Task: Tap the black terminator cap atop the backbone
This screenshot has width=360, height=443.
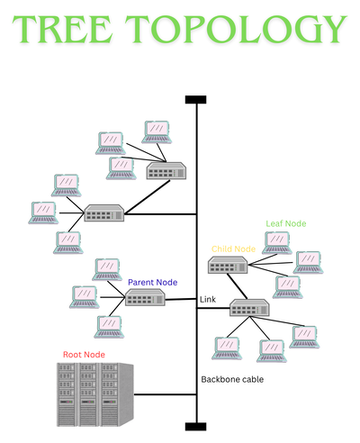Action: [x=195, y=99]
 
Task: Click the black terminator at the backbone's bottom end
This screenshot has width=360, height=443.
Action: [x=195, y=425]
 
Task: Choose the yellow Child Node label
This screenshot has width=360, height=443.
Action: [x=233, y=249]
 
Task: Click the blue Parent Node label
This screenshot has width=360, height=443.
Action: [x=152, y=282]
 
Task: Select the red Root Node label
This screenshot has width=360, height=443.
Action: [x=83, y=354]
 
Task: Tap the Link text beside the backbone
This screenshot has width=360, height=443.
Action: [x=207, y=298]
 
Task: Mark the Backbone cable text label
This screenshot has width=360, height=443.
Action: [x=231, y=379]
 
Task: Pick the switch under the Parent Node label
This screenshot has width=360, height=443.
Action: [x=144, y=299]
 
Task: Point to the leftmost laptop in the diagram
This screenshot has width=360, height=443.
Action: [x=42, y=212]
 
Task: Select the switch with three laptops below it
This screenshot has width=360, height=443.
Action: [x=247, y=308]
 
